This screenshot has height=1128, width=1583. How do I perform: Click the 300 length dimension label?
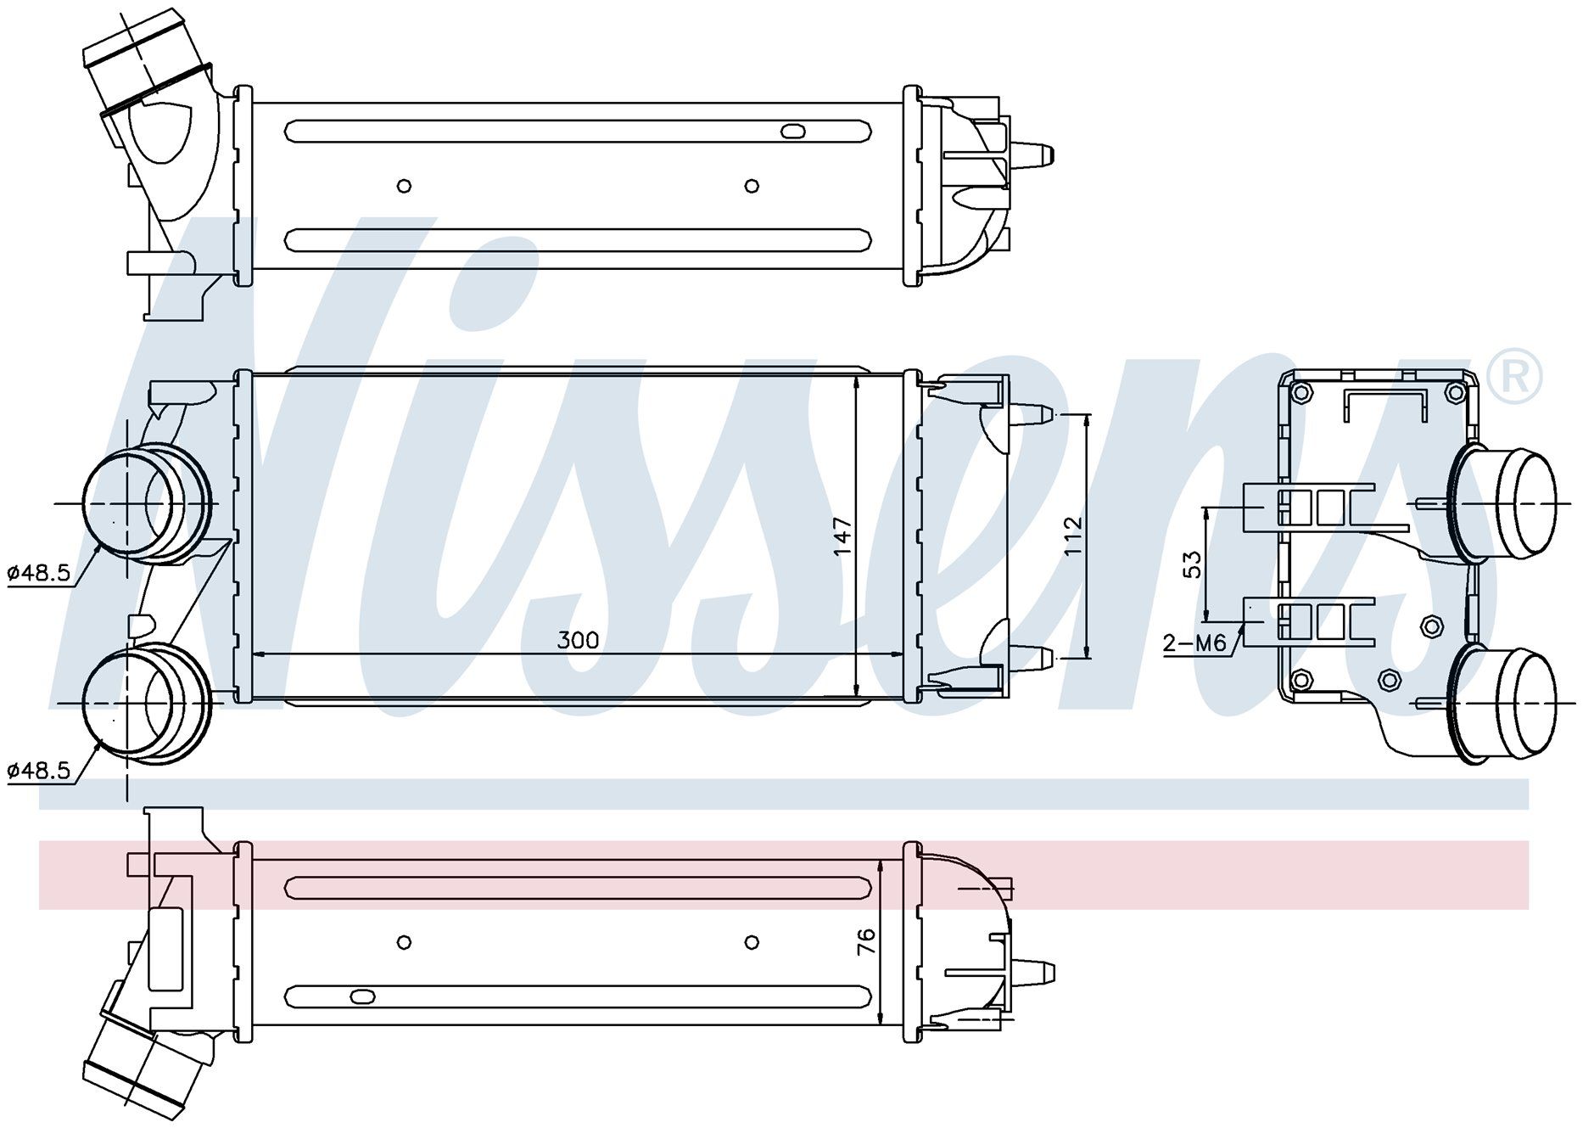tap(578, 640)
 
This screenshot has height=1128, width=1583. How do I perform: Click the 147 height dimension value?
tap(842, 536)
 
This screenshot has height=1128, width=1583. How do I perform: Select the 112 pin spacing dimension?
tap(1073, 536)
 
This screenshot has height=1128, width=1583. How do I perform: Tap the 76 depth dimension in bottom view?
tap(866, 941)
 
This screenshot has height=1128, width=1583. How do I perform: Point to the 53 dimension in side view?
tap(1192, 564)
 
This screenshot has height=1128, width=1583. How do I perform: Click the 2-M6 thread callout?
tap(1194, 644)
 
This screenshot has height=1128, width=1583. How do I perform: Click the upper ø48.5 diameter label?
tap(39, 573)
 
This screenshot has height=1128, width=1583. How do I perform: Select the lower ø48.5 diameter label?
tap(39, 771)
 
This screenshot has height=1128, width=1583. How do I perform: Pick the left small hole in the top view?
tap(405, 186)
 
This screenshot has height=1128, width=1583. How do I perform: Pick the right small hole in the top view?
tap(751, 186)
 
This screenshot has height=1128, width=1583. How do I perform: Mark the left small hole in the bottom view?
tap(405, 942)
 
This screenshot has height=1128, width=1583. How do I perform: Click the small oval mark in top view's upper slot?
tap(792, 131)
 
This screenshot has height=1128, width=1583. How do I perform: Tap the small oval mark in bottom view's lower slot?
tap(361, 996)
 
